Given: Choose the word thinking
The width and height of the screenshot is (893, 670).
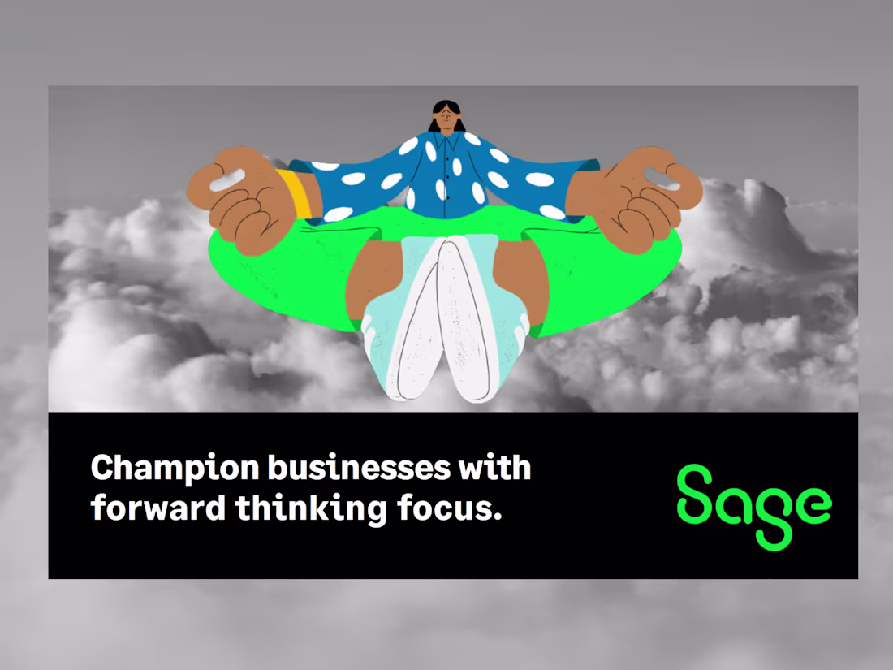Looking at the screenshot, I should (310, 509).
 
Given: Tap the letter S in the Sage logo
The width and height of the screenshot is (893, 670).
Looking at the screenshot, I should (697, 494).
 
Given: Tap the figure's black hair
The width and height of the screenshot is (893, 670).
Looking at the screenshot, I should (446, 106).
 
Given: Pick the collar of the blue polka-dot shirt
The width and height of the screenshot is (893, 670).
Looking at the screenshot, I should (446, 141).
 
